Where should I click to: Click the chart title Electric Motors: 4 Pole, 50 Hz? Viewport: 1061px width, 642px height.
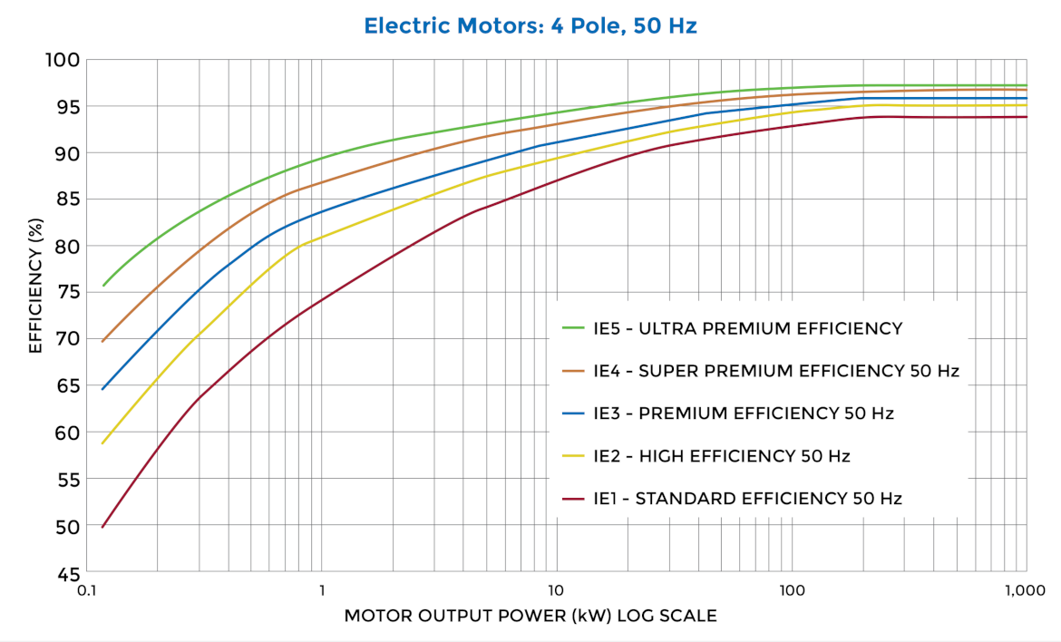(530, 25)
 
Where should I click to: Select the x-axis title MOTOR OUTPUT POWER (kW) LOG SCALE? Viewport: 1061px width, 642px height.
(530, 616)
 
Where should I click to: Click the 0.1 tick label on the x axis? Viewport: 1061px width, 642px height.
(87, 590)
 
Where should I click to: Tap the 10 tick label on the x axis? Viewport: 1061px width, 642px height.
(556, 590)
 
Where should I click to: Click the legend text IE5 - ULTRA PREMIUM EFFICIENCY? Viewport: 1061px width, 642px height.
(747, 328)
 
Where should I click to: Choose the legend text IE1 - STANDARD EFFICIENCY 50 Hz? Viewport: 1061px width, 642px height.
(747, 498)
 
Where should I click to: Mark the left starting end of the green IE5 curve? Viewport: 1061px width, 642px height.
(102, 286)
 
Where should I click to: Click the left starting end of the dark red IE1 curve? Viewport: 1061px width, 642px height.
(102, 527)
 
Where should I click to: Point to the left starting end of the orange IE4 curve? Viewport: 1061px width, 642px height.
(102, 342)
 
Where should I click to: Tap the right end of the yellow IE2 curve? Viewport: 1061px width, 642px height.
(1027, 105)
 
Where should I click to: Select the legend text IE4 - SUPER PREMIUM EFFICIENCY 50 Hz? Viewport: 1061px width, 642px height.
(775, 371)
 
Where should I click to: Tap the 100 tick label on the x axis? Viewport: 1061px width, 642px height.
(792, 590)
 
